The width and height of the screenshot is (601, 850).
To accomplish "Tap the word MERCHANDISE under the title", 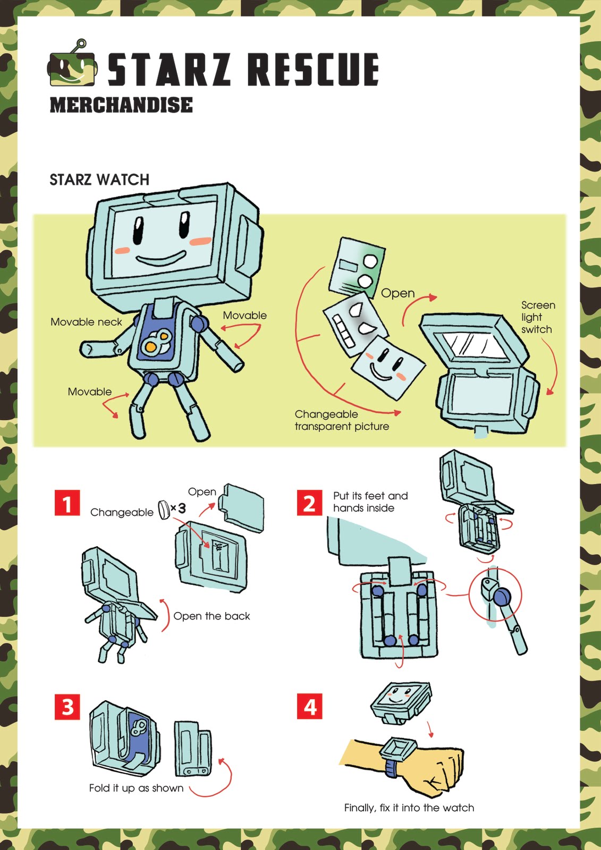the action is [x=121, y=105].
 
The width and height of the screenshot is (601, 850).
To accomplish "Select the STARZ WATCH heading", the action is [x=99, y=180].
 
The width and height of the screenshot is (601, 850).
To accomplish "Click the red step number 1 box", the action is [x=67, y=503].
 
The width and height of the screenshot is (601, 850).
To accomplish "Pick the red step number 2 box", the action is [x=309, y=503].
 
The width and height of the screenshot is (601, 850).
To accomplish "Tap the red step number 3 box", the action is [x=67, y=707].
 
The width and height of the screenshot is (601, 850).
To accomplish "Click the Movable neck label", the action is [x=86, y=322].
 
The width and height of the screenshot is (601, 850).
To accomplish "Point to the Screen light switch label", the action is [x=538, y=317].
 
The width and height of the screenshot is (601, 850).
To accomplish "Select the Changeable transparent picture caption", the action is [x=342, y=420].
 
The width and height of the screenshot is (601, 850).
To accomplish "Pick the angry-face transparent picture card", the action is [x=355, y=324].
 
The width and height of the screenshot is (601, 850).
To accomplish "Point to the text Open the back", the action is [x=211, y=616].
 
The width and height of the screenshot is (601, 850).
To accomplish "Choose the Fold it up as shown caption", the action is [x=136, y=788].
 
